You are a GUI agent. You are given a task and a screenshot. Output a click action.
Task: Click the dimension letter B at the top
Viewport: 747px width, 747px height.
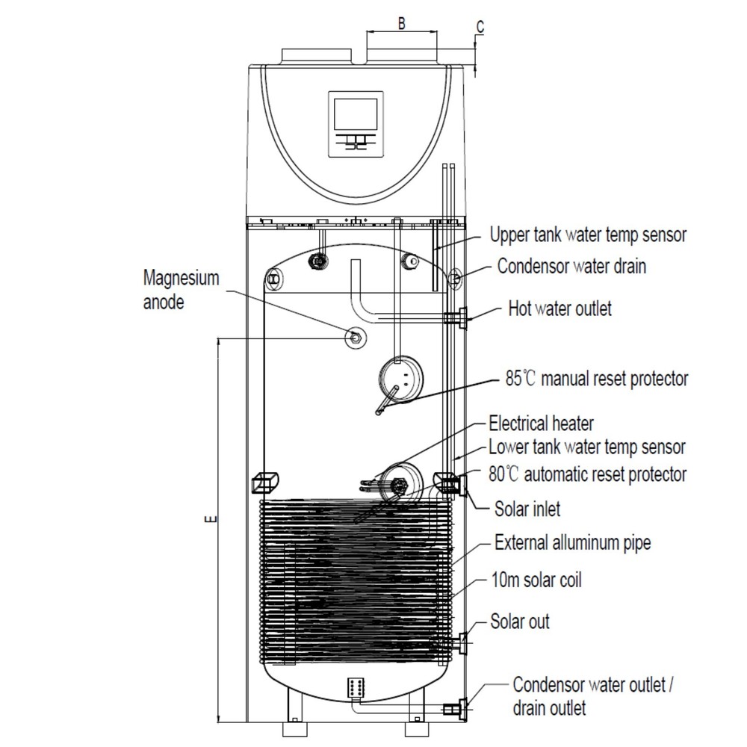(401, 22)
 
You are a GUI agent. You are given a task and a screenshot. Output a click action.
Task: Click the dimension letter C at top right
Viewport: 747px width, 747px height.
(480, 26)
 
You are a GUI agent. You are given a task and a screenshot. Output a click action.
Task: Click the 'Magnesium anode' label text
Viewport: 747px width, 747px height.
(182, 291)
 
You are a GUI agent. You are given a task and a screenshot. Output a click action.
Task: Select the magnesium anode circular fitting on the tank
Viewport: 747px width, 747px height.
(354, 337)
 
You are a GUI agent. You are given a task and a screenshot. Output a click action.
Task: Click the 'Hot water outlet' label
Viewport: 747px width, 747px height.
(560, 308)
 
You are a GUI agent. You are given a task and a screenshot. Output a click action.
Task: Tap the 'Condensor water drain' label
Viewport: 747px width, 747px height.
(571, 266)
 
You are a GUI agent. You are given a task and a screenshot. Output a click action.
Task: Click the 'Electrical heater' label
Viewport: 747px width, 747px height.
(541, 424)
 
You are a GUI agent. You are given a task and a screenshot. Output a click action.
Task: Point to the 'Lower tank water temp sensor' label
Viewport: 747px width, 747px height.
(586, 447)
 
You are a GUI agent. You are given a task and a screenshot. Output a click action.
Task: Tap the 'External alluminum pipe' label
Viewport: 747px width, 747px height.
(572, 542)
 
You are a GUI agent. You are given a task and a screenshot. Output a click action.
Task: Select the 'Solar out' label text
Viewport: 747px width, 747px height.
(520, 621)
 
